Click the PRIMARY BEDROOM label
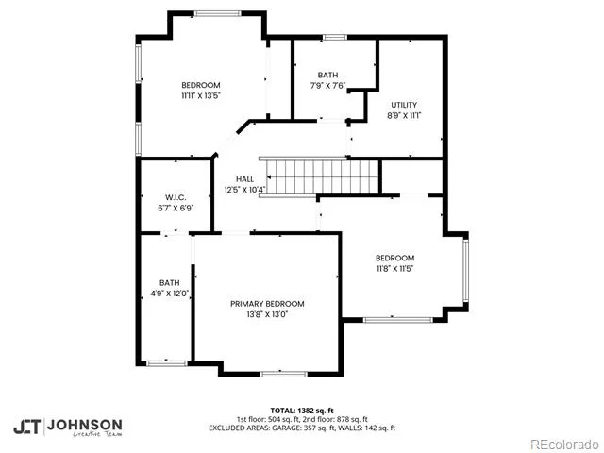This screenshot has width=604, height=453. click(267, 304)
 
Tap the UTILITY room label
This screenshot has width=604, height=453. click(404, 105)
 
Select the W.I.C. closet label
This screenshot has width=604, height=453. click(176, 197)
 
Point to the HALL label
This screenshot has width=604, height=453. click(244, 179)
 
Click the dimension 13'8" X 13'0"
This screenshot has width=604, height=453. click(267, 314)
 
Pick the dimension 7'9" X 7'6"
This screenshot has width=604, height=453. click(327, 86)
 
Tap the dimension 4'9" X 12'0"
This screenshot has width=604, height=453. click(170, 294)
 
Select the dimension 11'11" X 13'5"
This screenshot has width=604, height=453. click(201, 95)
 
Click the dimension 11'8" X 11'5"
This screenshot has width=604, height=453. click(394, 268)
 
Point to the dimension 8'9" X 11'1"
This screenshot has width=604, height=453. click(404, 115)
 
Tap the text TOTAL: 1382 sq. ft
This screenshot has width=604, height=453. click(302, 411)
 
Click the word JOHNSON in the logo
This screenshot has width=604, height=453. click(84, 426)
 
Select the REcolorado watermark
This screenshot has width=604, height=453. click(564, 445)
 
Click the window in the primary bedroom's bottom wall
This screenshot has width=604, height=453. click(284, 374)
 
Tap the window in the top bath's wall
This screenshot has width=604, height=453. click(335, 38)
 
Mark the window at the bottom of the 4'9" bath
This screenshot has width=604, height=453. click(167, 363)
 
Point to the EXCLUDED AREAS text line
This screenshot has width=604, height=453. click(302, 428)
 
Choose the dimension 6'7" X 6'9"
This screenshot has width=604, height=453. click(176, 209)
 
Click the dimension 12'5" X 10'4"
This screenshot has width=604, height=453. click(244, 190)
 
